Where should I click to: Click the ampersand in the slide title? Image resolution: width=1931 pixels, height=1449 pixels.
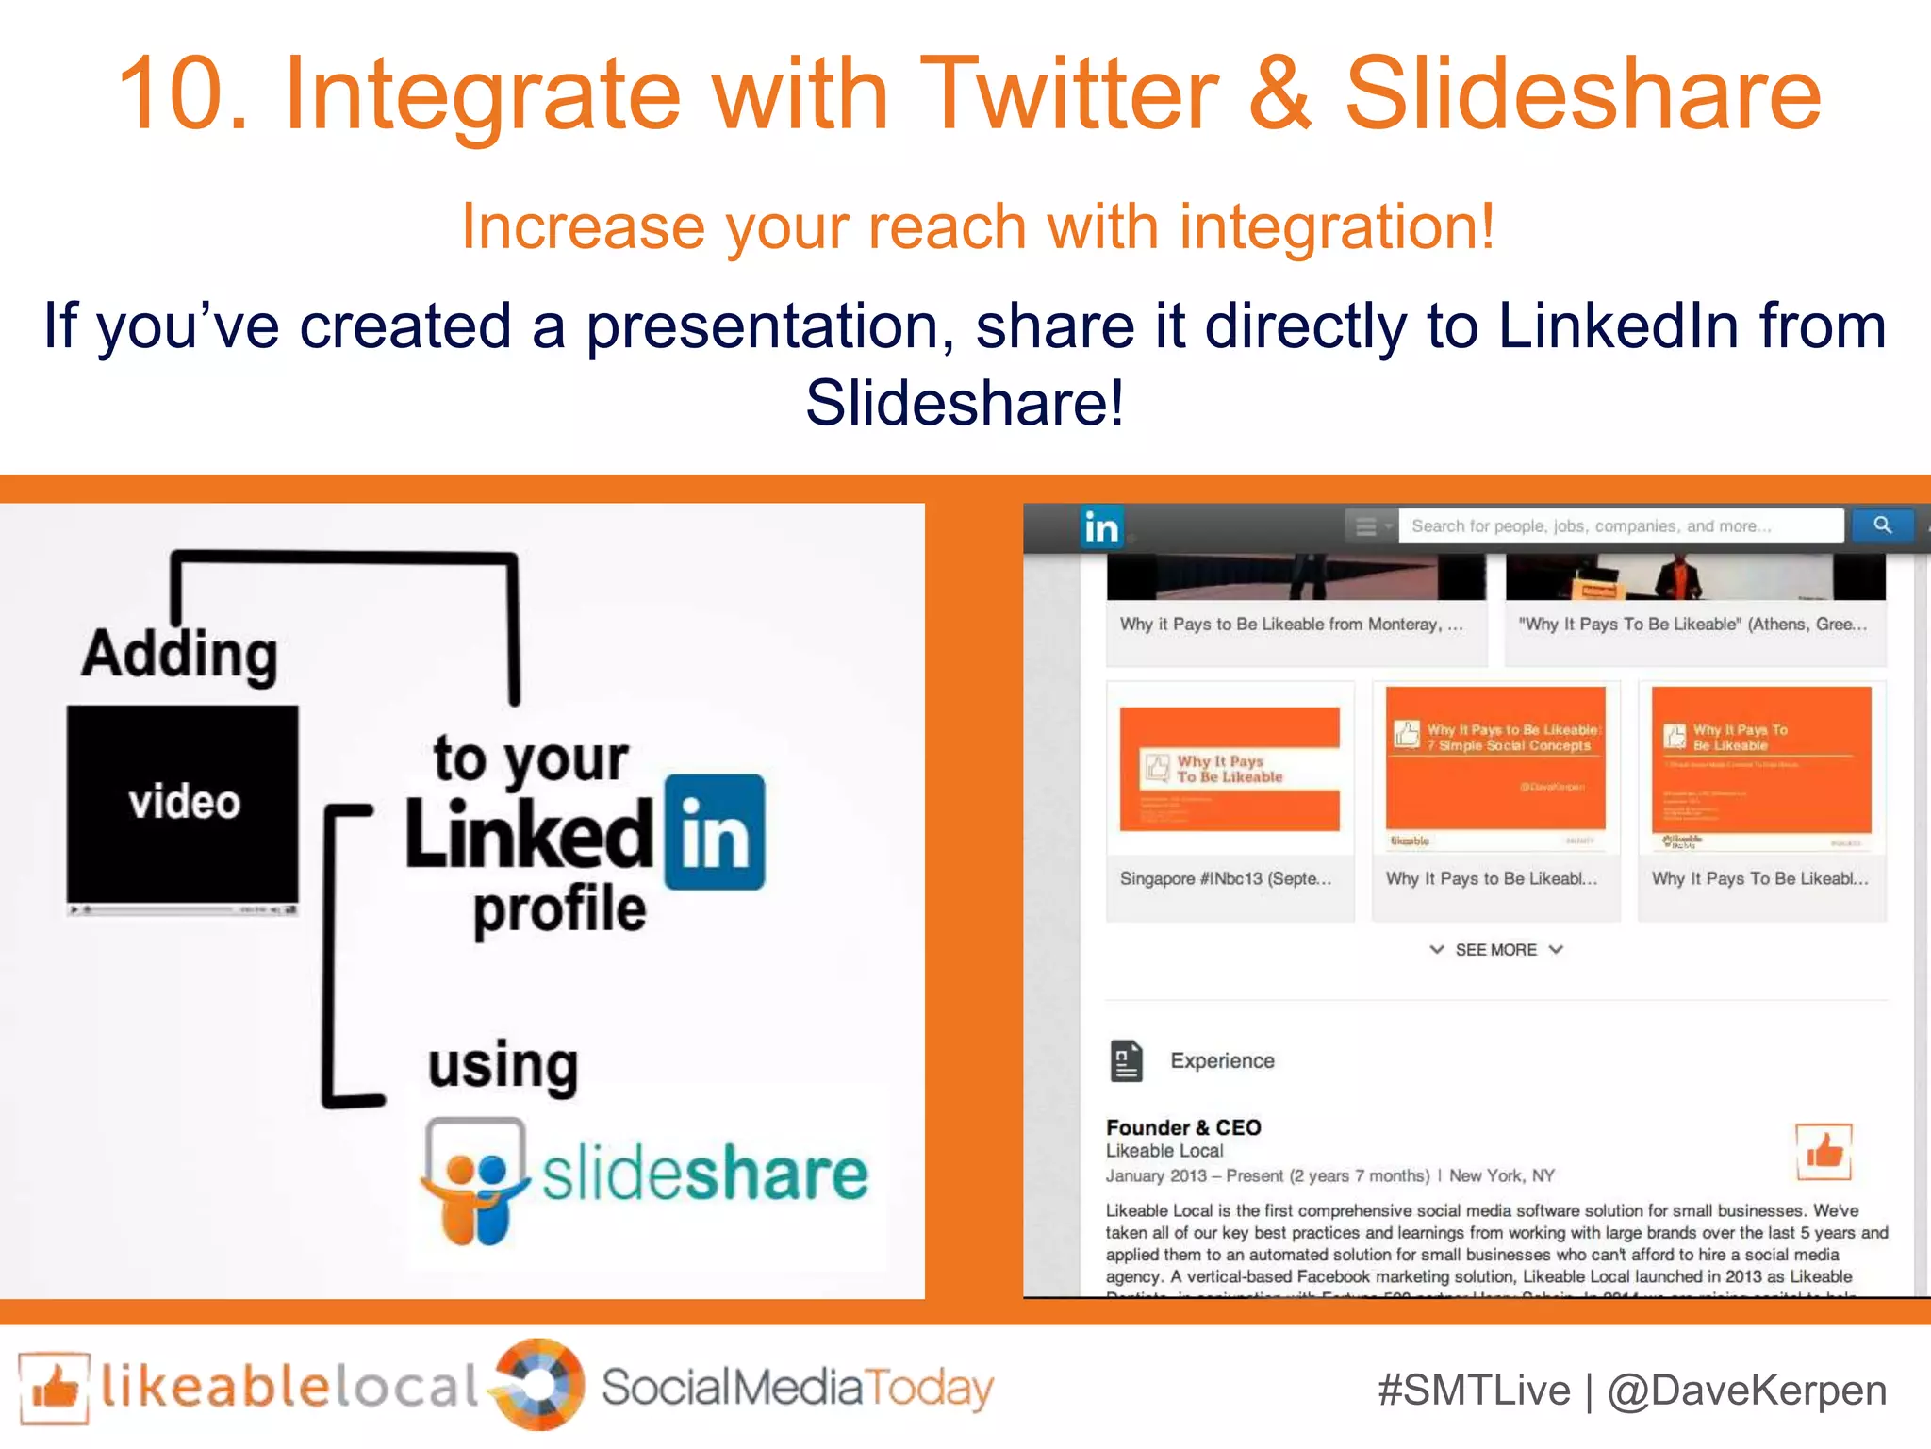click(x=1280, y=94)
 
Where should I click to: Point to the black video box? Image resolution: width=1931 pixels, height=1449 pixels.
click(x=183, y=803)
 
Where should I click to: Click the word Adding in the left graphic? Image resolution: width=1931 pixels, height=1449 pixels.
click(x=179, y=654)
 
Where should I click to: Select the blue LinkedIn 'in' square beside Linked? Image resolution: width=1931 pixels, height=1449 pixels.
click(x=715, y=832)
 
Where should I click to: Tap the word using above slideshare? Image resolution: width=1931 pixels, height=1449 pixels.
click(x=503, y=1066)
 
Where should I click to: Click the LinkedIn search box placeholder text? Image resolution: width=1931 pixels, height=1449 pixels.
click(x=1591, y=526)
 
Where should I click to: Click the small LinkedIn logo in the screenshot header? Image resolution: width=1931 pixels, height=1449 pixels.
click(x=1100, y=527)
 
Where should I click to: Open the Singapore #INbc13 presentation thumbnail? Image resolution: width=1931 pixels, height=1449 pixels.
click(x=1230, y=770)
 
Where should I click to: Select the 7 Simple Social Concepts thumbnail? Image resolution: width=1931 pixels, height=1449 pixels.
click(x=1495, y=770)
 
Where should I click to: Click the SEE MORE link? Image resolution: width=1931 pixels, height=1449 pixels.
click(x=1495, y=950)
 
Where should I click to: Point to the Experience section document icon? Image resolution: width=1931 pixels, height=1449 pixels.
click(x=1126, y=1060)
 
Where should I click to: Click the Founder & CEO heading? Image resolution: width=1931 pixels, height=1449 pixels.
click(x=1183, y=1127)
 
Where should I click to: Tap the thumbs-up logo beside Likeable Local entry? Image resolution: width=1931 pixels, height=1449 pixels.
click(x=1824, y=1151)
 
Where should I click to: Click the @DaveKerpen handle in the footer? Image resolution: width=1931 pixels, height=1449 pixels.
click(x=1747, y=1391)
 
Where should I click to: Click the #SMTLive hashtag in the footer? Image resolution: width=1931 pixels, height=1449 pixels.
click(x=1474, y=1391)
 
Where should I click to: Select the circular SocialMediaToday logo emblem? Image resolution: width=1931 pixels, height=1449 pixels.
click(x=539, y=1385)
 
